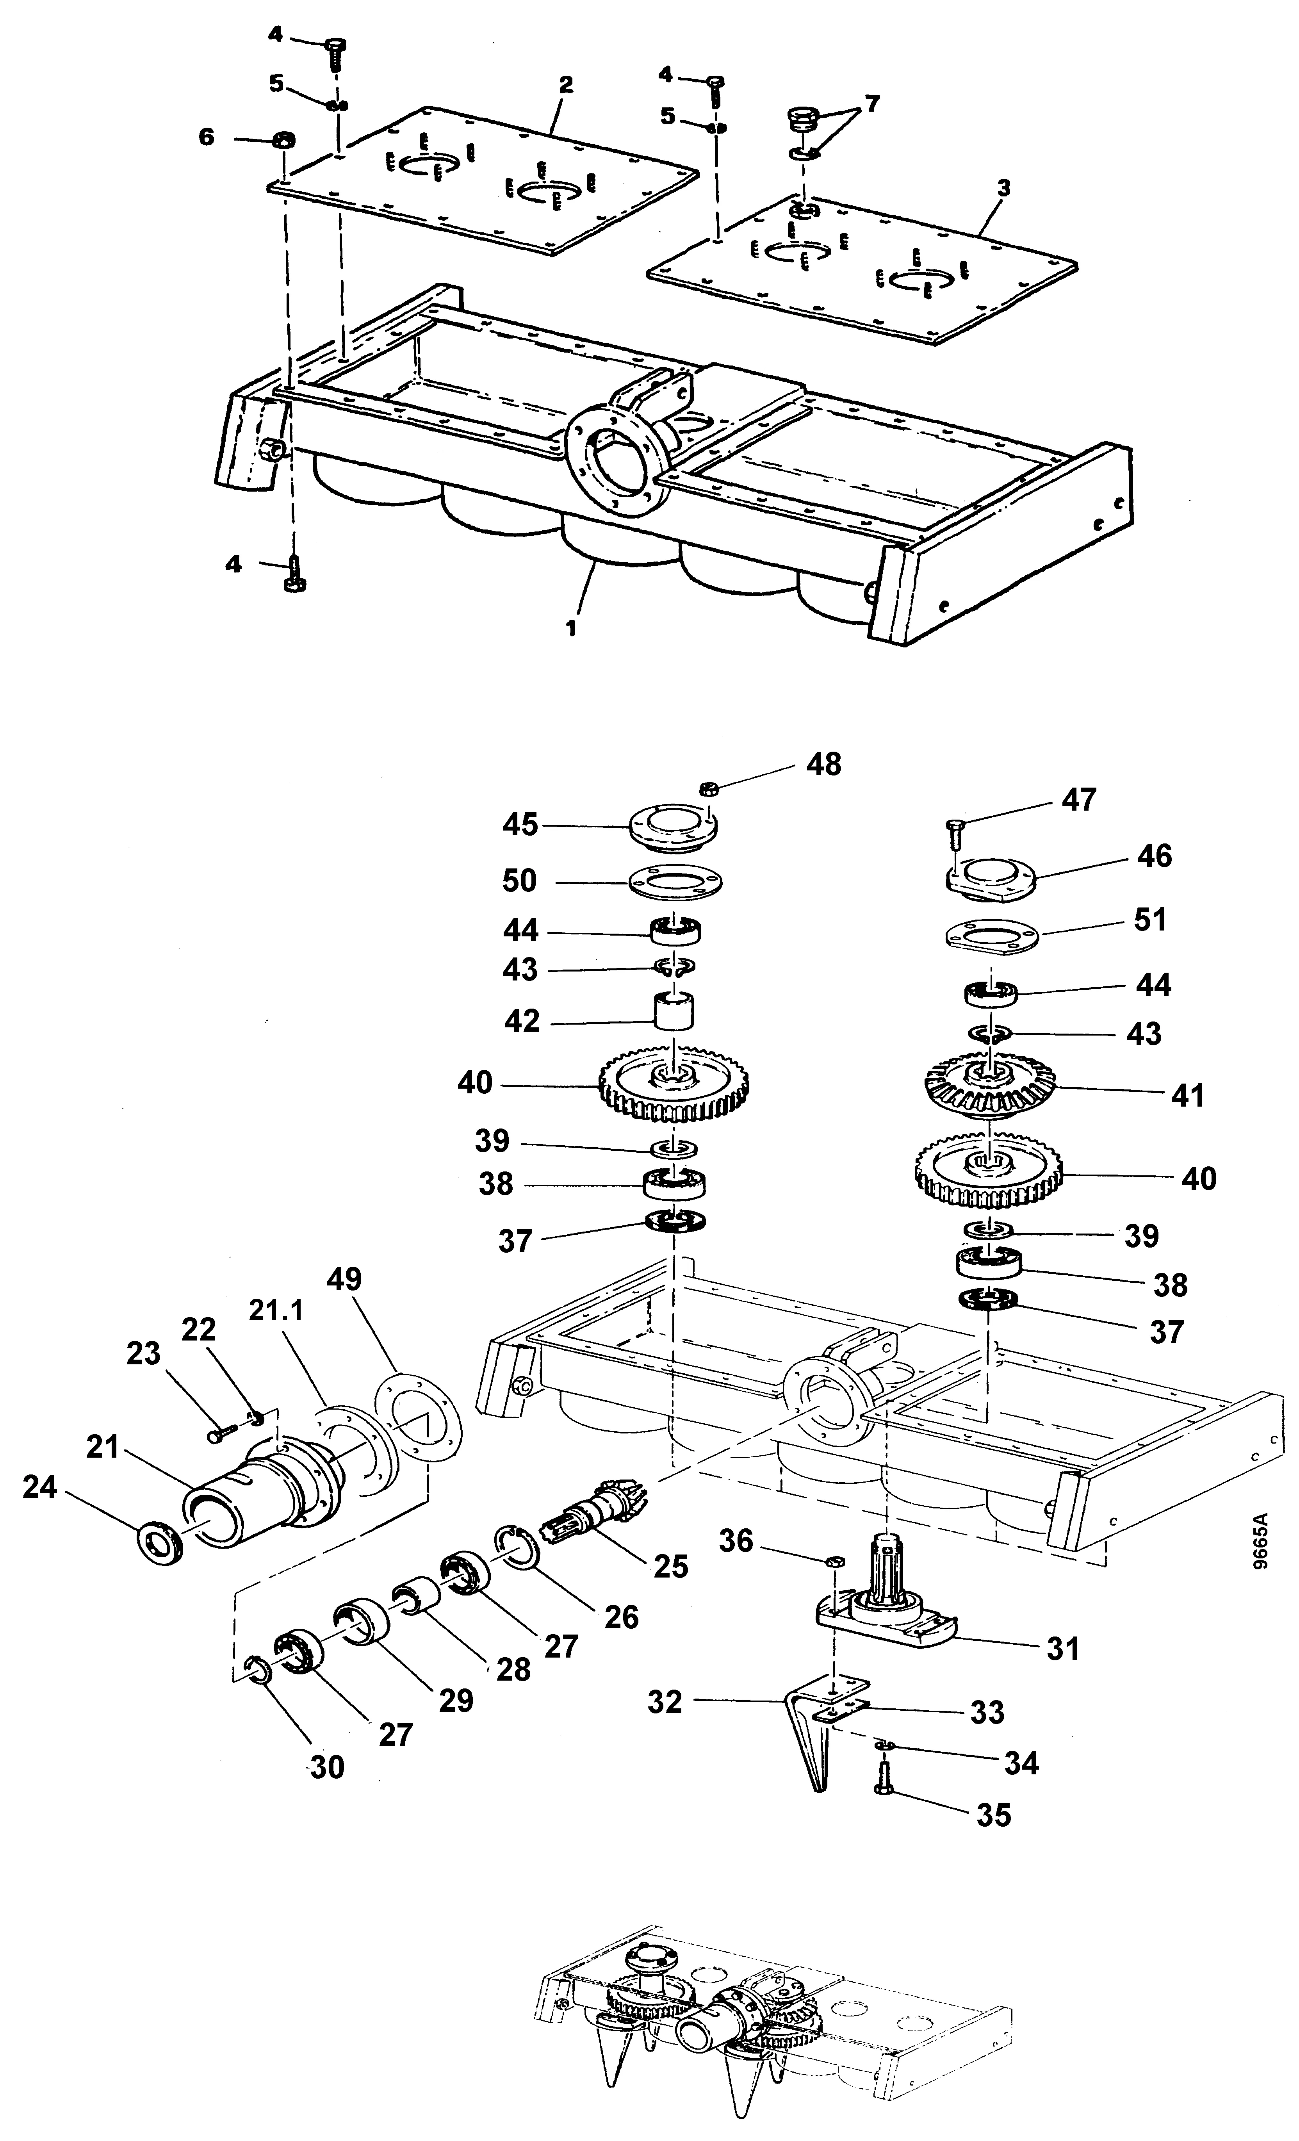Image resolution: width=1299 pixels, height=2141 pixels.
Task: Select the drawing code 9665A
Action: [1261, 1540]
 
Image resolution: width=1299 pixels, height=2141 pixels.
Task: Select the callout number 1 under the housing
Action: [571, 628]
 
